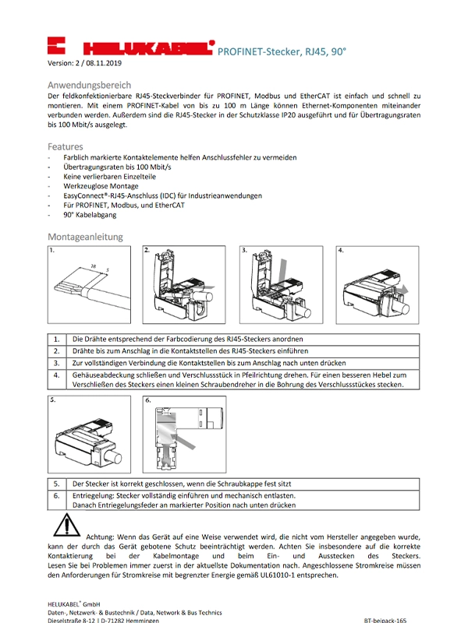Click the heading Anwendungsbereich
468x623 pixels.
89,85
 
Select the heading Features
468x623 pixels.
66,146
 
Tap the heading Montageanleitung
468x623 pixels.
85,237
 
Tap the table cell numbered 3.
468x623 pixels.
57,363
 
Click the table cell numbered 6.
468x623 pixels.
57,495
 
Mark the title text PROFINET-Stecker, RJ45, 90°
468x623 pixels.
279,52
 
